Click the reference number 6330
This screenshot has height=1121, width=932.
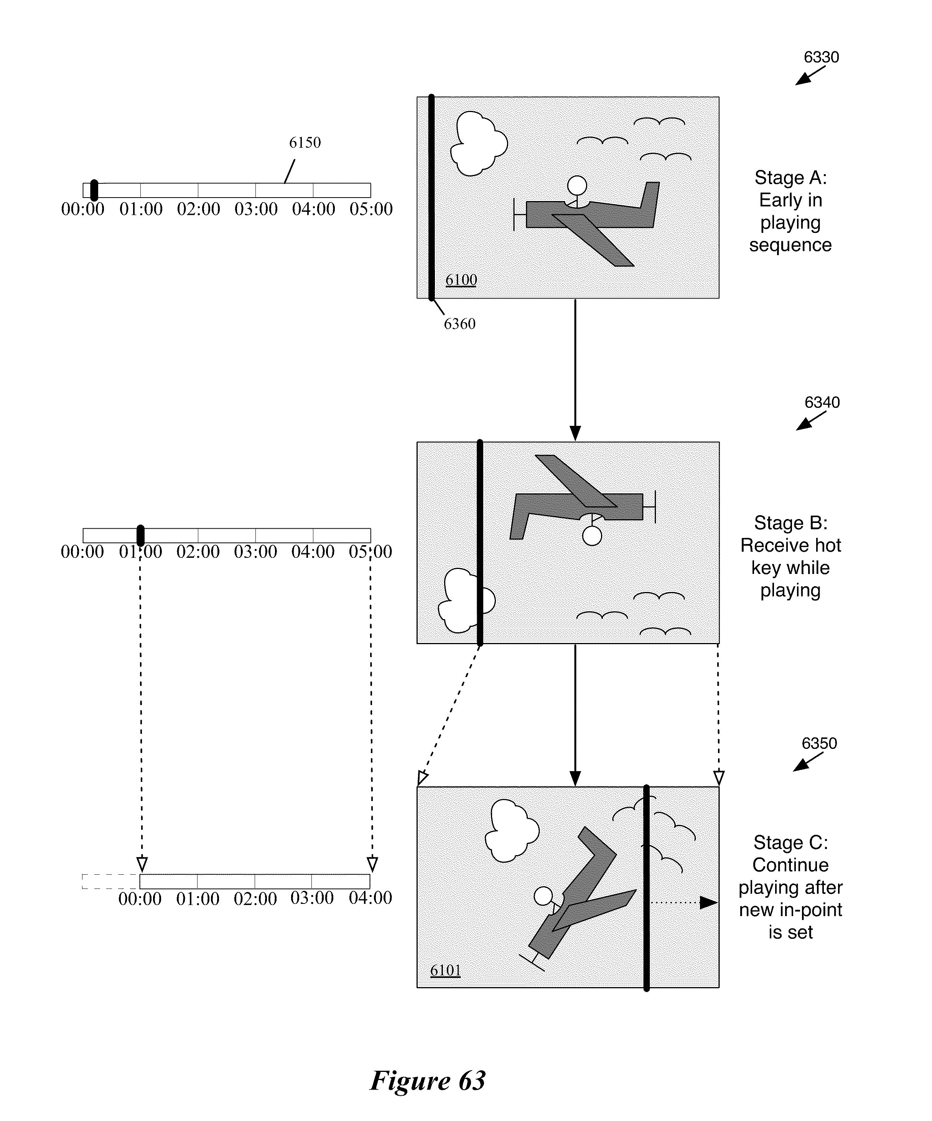coord(821,57)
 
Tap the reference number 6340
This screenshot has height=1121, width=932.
coord(822,402)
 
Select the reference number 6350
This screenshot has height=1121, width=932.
coord(819,743)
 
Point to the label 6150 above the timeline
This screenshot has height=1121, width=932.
coord(305,143)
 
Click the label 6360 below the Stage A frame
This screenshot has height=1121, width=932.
coord(459,323)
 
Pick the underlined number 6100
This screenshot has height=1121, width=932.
coord(461,279)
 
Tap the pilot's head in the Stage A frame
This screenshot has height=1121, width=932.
coord(577,185)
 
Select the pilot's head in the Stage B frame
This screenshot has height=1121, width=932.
coord(592,536)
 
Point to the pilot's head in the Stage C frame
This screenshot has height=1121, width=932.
coord(543,896)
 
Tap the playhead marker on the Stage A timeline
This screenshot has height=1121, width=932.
coord(94,190)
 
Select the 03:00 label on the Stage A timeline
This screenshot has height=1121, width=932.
coord(256,209)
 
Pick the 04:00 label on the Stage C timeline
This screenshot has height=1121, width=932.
coord(370,898)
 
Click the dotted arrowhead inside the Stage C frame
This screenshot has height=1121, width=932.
coord(708,902)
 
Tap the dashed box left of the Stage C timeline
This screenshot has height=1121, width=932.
coord(110,881)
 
